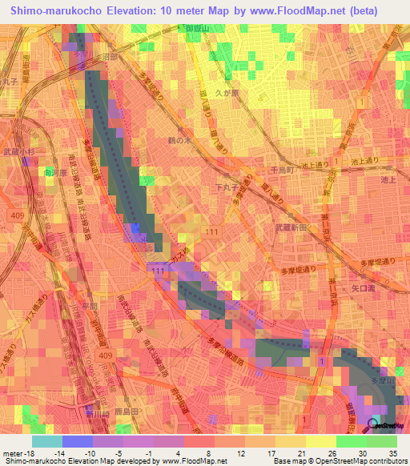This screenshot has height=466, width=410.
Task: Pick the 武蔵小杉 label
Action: (x=17, y=152)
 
